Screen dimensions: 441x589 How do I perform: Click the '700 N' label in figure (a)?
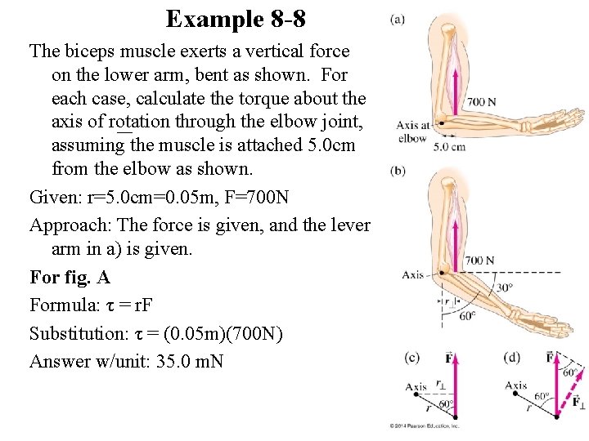tap(481, 102)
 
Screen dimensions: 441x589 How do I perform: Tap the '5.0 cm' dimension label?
tap(450, 148)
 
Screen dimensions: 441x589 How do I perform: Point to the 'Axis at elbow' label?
tap(412, 131)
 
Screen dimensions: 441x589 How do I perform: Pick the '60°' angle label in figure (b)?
tap(467, 315)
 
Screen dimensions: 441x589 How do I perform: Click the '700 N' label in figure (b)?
tap(480, 261)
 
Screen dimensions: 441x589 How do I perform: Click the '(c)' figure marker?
tap(413, 356)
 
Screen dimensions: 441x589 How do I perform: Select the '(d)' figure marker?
tap(513, 356)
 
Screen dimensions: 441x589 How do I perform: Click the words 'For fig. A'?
tap(70, 278)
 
